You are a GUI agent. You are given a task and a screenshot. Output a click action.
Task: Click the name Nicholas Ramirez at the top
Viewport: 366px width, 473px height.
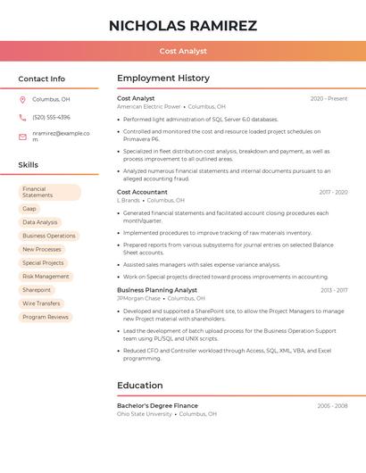tap(182, 26)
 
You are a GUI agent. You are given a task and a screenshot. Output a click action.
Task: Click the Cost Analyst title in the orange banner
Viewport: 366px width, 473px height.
tap(182, 52)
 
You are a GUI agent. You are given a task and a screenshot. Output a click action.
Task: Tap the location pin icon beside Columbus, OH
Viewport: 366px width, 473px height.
tap(22, 99)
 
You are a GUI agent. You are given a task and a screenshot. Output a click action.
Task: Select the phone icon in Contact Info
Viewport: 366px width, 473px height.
tap(22, 117)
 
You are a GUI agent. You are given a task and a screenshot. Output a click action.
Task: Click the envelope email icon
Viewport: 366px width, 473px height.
tap(22, 137)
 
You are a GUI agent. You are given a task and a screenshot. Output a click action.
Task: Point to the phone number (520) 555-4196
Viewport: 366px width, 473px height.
tap(51, 117)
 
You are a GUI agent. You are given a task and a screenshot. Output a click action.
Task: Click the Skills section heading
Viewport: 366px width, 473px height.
tap(29, 165)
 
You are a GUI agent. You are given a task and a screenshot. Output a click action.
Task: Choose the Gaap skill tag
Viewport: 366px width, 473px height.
tap(29, 209)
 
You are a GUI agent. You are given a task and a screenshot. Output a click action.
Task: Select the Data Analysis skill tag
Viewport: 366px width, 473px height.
tap(40, 222)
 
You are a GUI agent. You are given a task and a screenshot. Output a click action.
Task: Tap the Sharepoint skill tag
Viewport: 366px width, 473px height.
tap(37, 290)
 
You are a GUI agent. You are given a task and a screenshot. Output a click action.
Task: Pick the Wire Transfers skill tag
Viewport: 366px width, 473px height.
tap(41, 303)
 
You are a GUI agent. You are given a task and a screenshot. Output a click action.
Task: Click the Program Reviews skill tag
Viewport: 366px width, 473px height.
tap(46, 317)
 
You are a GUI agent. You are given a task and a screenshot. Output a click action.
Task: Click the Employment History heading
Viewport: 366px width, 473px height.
tap(163, 79)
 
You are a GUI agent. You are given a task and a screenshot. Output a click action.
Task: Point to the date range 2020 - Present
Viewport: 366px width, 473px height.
tap(329, 98)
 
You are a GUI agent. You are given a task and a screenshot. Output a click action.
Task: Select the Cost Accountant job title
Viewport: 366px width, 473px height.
tap(142, 192)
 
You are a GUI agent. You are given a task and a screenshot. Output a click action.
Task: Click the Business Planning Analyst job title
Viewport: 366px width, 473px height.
tap(157, 290)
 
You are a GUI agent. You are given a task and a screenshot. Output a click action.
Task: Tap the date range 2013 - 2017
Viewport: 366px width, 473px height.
tap(334, 290)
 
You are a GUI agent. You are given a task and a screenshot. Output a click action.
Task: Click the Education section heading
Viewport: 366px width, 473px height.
tap(139, 386)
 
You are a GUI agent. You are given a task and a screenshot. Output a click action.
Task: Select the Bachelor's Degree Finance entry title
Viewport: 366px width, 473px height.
tap(157, 405)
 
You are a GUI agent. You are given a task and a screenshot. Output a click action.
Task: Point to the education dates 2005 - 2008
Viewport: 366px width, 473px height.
tap(332, 405)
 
